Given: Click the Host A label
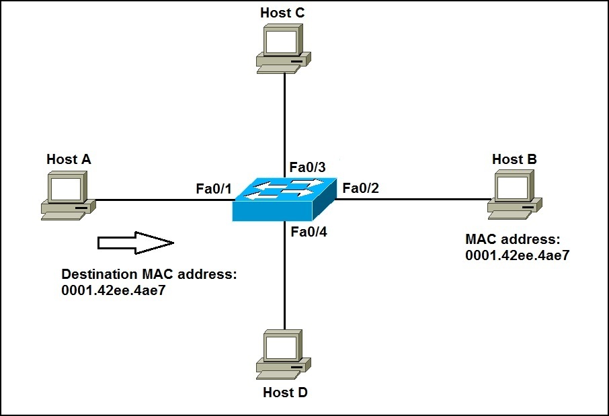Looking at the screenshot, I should pos(69,159).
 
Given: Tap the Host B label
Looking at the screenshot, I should pos(514,159).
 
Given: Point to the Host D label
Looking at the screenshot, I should pos(285,392).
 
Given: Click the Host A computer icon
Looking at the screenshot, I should pos(66,195).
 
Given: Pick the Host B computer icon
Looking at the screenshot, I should pos(514,195).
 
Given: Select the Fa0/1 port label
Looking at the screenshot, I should pos(214,188).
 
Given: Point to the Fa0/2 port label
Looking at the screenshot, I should pos(361,188).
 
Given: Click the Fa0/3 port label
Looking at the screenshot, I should pos(307,167).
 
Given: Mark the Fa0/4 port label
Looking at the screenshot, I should pos(309,233).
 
